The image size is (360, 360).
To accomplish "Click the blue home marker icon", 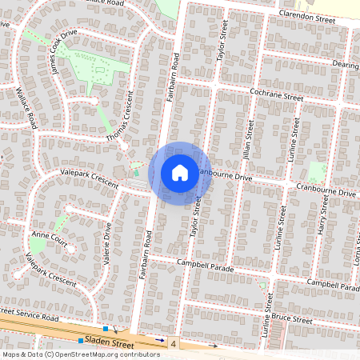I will coord(179,172).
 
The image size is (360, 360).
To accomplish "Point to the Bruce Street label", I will coord(291,319).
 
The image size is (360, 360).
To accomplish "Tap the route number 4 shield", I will coord(172,342).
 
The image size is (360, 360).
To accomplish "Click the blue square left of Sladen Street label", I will coord(80,341).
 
